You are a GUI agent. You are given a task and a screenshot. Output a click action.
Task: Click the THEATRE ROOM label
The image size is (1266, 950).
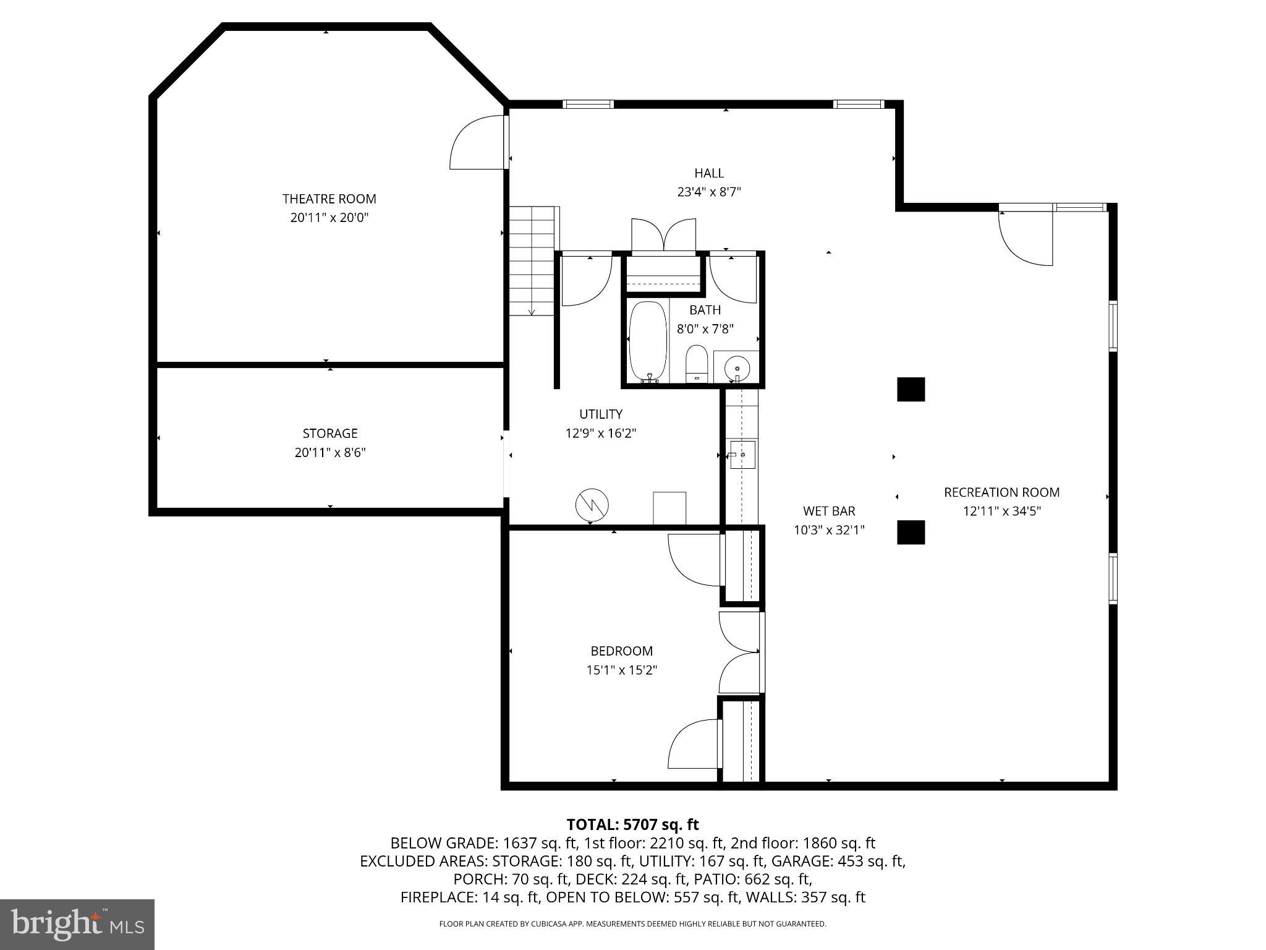(x=329, y=199)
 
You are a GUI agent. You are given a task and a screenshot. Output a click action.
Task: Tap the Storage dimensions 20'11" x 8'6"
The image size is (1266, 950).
(x=330, y=452)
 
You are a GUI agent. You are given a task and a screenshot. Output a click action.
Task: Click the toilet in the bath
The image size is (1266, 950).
(x=696, y=364)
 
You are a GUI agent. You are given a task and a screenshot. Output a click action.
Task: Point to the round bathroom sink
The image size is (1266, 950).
(x=737, y=367)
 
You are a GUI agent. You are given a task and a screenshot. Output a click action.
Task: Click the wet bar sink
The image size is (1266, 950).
(x=742, y=455)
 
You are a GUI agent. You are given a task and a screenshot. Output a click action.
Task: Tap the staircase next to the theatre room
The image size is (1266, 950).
(x=532, y=261)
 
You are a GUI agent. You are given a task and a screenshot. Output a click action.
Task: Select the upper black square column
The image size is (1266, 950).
(x=911, y=390)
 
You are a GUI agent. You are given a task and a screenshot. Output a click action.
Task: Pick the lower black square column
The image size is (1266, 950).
(x=911, y=532)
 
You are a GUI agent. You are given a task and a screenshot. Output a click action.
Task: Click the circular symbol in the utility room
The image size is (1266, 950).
(x=592, y=505)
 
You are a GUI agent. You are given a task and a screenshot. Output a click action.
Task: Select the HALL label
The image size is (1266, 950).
(x=708, y=173)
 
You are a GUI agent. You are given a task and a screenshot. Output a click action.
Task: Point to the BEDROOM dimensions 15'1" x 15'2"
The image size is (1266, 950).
(x=621, y=669)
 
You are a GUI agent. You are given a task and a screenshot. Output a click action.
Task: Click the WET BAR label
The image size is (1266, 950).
(x=829, y=511)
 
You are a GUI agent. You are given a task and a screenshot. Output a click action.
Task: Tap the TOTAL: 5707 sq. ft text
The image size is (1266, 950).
(x=632, y=824)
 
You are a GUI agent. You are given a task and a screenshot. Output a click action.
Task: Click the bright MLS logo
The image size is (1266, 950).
(x=77, y=924)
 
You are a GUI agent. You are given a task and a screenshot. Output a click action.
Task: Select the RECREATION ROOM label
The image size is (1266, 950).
(x=1001, y=492)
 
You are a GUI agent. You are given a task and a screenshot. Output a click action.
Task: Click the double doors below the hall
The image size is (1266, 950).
(x=663, y=235)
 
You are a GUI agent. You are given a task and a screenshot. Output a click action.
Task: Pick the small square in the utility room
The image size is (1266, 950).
(x=669, y=508)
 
